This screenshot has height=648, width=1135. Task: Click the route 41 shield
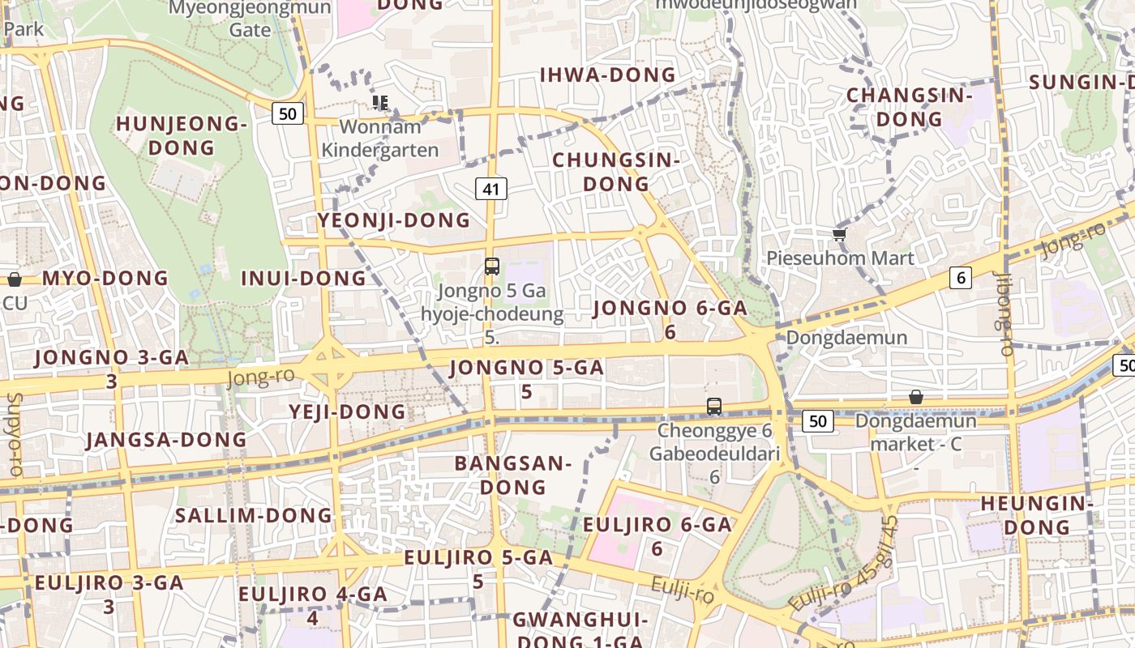pyautogui.click(x=490, y=189)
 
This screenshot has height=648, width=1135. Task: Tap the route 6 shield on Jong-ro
pyautogui.click(x=961, y=278)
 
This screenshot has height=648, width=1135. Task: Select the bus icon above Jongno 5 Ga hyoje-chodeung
pyautogui.click(x=491, y=266)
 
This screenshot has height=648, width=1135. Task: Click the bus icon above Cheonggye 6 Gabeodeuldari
pyautogui.click(x=713, y=407)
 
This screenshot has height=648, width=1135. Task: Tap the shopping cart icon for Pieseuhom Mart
pyautogui.click(x=839, y=235)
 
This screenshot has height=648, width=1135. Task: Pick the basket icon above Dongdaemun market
pyautogui.click(x=915, y=397)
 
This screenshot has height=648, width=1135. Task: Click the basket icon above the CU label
pyautogui.click(x=15, y=279)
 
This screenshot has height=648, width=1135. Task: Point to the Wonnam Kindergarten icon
pyautogui.click(x=379, y=102)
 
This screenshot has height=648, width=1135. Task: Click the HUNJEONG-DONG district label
pyautogui.click(x=181, y=136)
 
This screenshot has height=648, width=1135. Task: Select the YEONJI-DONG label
pyautogui.click(x=393, y=220)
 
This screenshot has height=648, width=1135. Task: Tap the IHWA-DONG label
pyautogui.click(x=608, y=75)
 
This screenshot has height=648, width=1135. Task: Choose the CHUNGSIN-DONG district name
pyautogui.click(x=615, y=172)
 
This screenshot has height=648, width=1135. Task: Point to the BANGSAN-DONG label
pyautogui.click(x=512, y=475)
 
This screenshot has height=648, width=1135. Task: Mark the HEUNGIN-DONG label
pyautogui.click(x=1037, y=515)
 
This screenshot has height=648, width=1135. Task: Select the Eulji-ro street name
pyautogui.click(x=682, y=590)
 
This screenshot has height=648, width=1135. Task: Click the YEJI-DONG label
pyautogui.click(x=347, y=411)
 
